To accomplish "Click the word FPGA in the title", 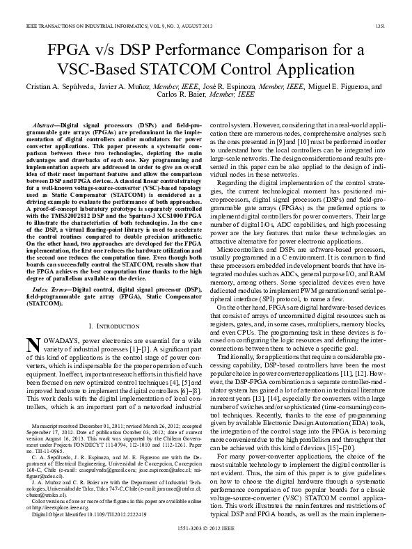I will click(70, 51).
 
